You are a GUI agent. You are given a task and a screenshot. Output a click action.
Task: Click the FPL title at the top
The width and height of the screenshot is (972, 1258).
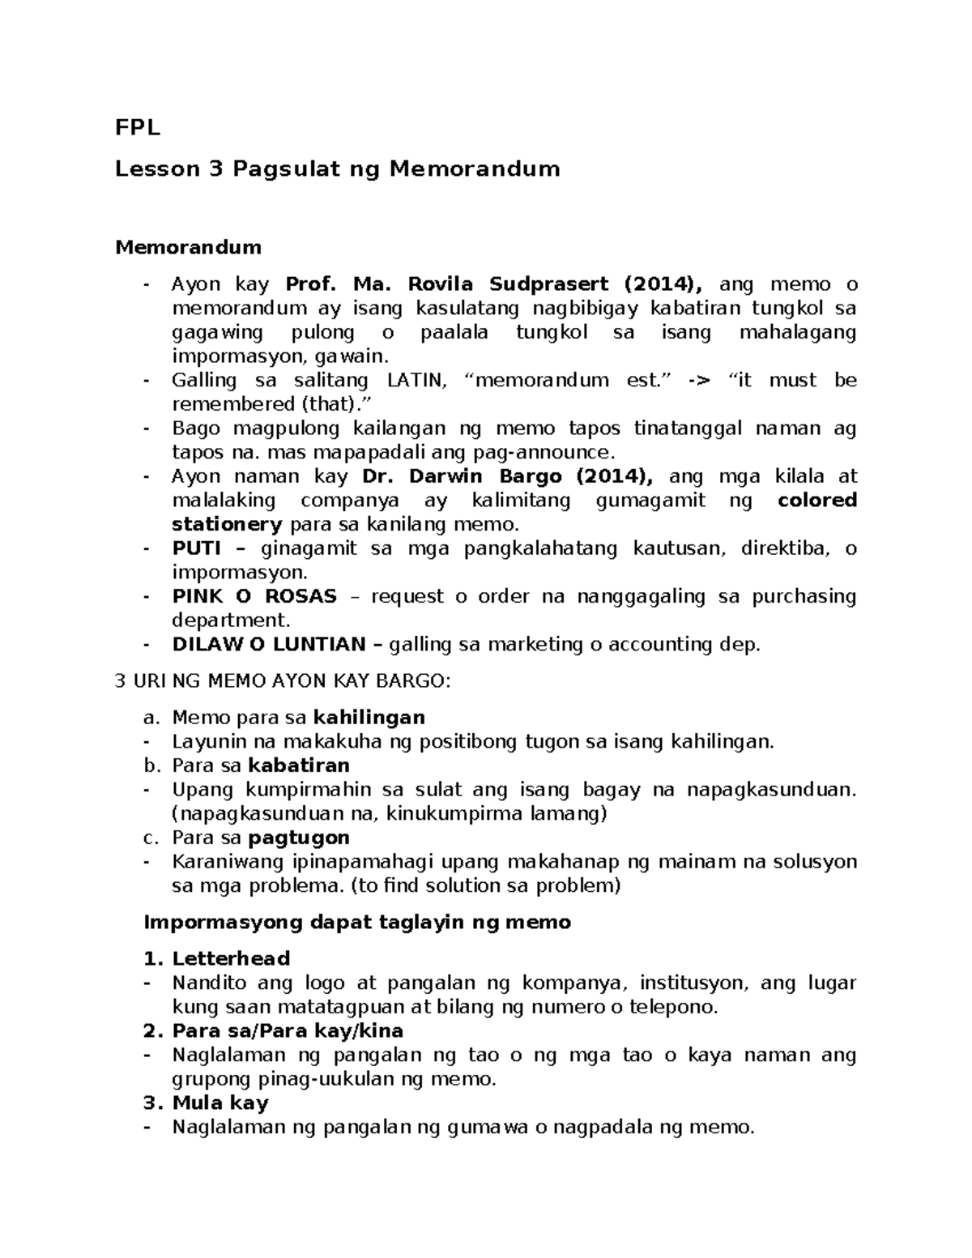coord(138,128)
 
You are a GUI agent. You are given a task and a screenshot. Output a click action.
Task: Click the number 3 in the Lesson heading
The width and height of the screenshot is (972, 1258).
coord(215,169)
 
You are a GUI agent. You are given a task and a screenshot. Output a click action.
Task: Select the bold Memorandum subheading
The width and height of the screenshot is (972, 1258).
coord(188,246)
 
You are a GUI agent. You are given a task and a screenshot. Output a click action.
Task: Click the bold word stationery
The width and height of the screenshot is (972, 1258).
coord(227,524)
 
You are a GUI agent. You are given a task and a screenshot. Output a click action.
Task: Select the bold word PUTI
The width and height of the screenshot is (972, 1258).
coord(197,548)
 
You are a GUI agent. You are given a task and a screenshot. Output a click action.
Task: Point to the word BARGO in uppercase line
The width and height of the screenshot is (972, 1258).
coord(412,681)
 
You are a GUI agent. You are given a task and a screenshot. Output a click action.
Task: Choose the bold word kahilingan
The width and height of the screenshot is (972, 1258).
coord(369,718)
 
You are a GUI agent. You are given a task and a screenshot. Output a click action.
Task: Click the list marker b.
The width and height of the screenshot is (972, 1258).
coord(148,765)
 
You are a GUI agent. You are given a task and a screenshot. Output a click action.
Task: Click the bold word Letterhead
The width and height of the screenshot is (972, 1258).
coord(231,959)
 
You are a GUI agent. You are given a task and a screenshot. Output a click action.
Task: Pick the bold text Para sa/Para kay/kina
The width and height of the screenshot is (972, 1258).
coord(288,1031)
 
